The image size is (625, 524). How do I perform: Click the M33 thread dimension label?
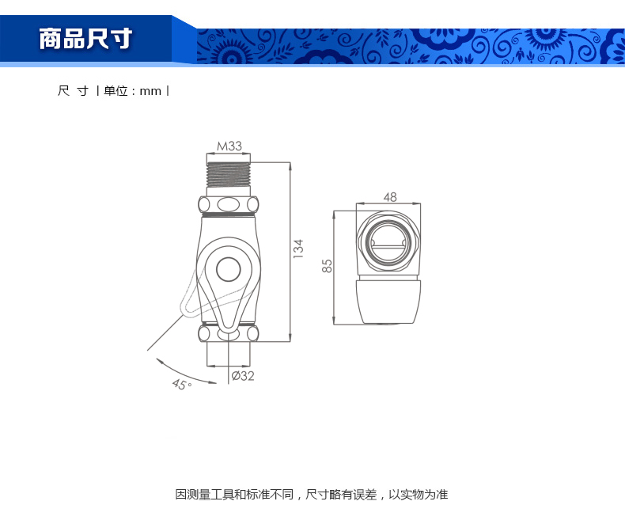[x=229, y=146]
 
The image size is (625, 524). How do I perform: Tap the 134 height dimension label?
[x=298, y=249]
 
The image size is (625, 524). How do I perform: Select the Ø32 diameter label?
[x=243, y=376]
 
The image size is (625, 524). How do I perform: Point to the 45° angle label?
[x=182, y=385]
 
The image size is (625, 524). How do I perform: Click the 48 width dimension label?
[x=390, y=197]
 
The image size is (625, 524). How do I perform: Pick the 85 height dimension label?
[x=327, y=266]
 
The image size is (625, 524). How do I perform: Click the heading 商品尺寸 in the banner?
[x=85, y=39]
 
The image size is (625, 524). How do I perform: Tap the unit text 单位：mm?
[x=132, y=91]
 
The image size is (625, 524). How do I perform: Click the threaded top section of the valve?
[x=229, y=175]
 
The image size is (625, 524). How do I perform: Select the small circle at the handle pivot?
[x=229, y=269]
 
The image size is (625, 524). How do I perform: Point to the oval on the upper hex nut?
[x=229, y=205]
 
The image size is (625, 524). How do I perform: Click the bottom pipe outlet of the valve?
[x=229, y=354]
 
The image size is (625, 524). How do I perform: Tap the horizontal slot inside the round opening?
[x=388, y=248]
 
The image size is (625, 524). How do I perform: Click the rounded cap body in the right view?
[x=388, y=302]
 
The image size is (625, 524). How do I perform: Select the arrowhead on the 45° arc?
[x=161, y=361]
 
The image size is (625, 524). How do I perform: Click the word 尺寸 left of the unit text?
[x=73, y=91]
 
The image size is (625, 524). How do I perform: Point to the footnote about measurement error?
[x=312, y=495]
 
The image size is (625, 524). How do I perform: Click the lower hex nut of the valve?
[x=229, y=333]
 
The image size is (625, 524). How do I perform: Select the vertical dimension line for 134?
[x=290, y=252]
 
